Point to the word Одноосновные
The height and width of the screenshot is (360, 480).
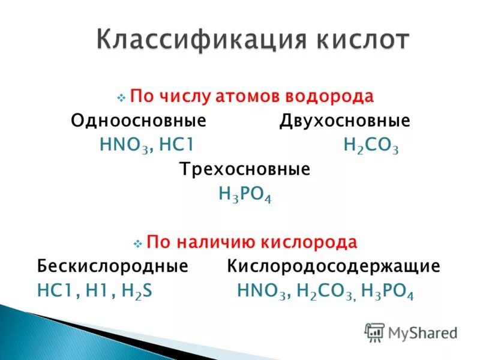[139, 121]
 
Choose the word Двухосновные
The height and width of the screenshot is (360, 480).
[344, 121]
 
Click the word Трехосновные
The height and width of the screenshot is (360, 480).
[245, 169]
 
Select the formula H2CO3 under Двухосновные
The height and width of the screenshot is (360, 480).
[371, 146]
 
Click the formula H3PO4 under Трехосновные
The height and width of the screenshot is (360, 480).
[245, 194]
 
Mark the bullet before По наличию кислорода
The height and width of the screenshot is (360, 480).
[137, 244]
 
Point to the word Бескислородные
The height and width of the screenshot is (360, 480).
[113, 266]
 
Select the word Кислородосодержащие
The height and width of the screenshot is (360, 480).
[334, 266]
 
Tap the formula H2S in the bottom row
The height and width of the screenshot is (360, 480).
[137, 291]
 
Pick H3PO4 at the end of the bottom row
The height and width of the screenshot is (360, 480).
[387, 291]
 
